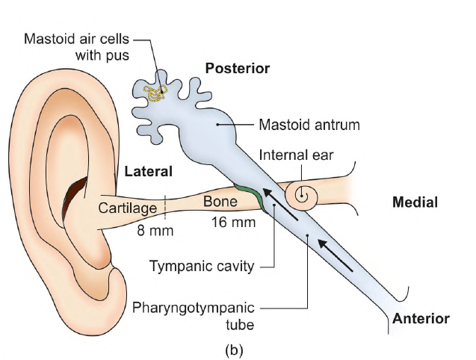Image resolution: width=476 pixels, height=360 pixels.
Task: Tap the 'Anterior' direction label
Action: (x=421, y=319)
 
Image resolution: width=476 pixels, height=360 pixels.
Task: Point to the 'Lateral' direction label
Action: (x=149, y=171)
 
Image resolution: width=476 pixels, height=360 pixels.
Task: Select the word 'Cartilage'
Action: (x=127, y=208)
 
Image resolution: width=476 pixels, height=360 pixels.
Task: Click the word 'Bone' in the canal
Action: (x=220, y=202)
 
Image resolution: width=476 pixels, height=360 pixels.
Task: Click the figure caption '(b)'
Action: (x=238, y=348)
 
